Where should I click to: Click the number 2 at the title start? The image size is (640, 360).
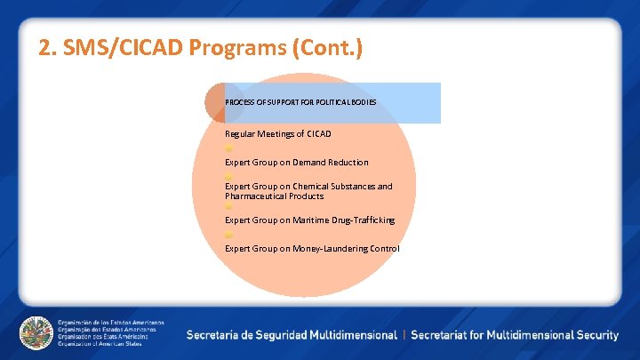tap(45, 48)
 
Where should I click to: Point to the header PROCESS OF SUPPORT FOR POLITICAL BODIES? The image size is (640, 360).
tap(300, 102)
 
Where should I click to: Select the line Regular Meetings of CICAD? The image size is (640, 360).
tap(277, 133)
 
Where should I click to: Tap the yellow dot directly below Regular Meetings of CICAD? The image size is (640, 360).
tap(228, 148)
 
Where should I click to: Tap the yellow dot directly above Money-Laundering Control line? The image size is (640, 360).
tap(228, 234)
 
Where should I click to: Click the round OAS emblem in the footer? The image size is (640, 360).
tap(36, 332)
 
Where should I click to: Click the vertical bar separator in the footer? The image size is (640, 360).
tap(404, 335)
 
